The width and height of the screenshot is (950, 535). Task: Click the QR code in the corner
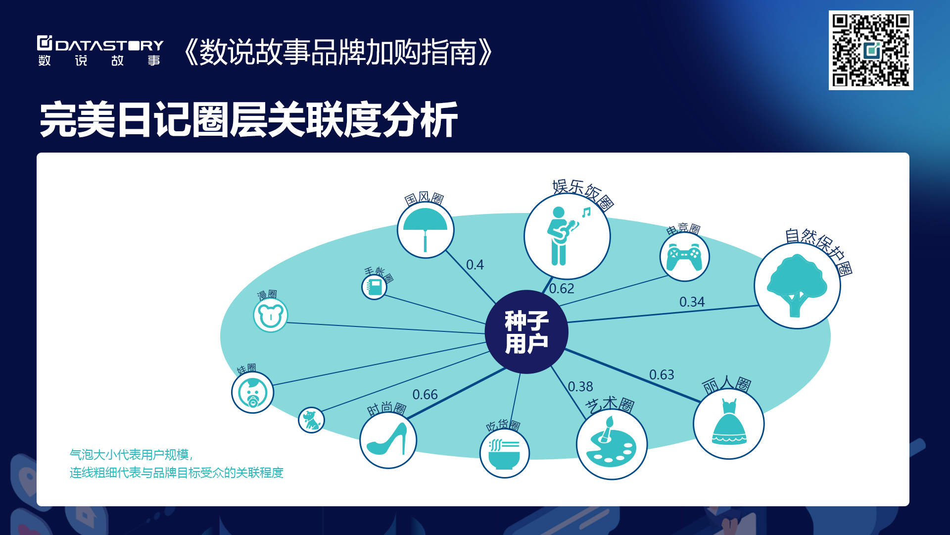coord(871,50)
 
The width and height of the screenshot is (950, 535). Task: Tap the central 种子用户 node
coord(526,332)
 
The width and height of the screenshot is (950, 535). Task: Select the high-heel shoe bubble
coord(388,440)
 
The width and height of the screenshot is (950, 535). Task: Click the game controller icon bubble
coord(685,257)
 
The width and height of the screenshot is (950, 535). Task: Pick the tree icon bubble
coord(797,285)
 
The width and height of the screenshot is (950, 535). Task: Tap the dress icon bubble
coord(729,424)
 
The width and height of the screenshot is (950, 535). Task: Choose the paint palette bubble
coord(612,444)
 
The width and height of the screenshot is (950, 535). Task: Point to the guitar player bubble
coord(567,236)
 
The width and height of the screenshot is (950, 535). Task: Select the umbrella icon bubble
coord(426,230)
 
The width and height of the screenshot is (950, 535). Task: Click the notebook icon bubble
coord(375,287)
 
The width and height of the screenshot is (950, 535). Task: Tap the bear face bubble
coord(271,315)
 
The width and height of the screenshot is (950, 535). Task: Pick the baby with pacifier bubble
coord(253,392)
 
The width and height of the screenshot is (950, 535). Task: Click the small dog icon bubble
coord(311,420)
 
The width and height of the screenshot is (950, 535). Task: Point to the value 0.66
coord(425,395)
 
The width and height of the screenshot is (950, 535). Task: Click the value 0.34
coord(692,302)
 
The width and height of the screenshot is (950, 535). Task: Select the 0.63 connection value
coord(662,375)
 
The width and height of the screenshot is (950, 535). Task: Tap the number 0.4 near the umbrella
coord(475,265)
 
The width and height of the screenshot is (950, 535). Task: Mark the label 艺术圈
coord(610,405)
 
